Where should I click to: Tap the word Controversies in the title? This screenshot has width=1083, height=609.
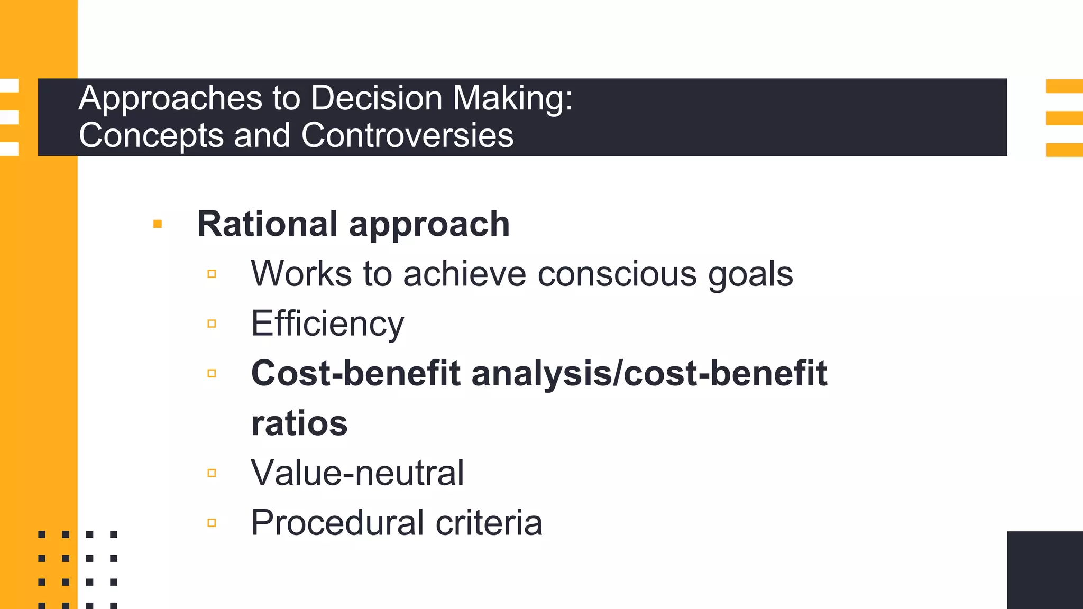(407, 135)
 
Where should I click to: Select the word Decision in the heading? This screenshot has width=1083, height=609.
(376, 98)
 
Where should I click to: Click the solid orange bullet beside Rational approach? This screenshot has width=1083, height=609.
(157, 224)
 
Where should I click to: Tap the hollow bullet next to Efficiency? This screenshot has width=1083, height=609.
(212, 324)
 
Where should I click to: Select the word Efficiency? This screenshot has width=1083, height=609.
(327, 324)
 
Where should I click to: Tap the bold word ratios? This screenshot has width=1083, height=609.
(299, 423)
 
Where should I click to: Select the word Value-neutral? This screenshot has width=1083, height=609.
(357, 473)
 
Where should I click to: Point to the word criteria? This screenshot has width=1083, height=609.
(489, 522)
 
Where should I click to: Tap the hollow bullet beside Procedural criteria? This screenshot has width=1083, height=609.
(212, 523)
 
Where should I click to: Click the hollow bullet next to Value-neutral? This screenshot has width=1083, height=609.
(212, 473)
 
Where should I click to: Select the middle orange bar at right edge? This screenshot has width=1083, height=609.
(1064, 118)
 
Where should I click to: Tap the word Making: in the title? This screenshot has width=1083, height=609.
(512, 99)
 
